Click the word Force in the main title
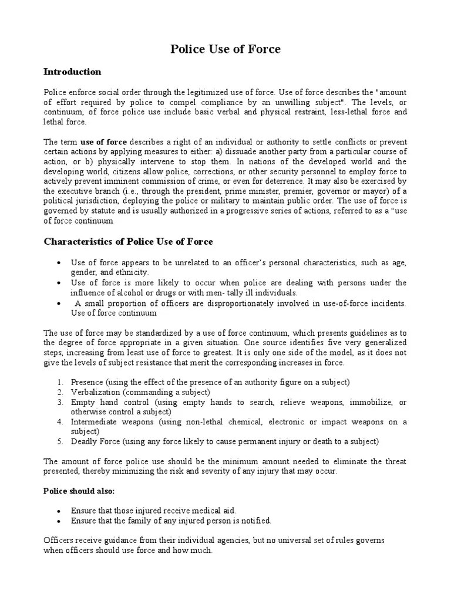coord(264,49)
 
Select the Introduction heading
coord(72,72)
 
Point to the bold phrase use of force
coord(104,142)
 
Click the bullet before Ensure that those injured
coord(60,511)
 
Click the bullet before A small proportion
coord(60,303)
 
